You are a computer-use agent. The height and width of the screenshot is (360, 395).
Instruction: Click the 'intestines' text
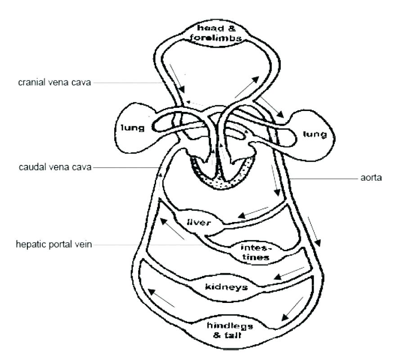(x=255, y=253)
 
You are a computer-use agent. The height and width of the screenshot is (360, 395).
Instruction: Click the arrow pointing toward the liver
(x=252, y=213)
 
